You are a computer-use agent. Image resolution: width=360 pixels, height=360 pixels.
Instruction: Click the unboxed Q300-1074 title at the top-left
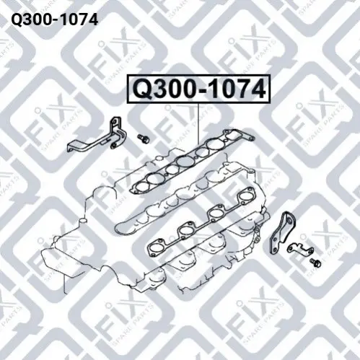[55, 19]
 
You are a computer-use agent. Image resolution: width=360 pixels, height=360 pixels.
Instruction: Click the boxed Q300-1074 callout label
[199, 89]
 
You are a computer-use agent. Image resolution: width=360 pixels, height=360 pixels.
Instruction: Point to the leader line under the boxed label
[198, 124]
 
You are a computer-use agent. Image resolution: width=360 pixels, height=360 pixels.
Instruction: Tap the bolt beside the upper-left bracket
[144, 139]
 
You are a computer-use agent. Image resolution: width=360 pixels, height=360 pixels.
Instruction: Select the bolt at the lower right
[315, 263]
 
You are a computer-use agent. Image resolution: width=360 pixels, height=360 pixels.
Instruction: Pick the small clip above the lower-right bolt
[301, 250]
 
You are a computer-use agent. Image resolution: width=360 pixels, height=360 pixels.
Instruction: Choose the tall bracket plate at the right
[283, 232]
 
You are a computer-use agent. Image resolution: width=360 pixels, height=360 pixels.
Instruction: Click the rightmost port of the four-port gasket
[245, 197]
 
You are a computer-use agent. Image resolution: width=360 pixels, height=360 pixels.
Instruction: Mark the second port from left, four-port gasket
[186, 230]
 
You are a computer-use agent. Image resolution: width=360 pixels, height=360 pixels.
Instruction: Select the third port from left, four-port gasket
[216, 213]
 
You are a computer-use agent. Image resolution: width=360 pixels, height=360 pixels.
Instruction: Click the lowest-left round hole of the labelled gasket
[141, 187]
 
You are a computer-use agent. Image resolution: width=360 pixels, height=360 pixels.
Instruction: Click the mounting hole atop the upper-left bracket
[115, 121]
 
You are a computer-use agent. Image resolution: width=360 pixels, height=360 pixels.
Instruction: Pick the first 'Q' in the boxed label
[144, 89]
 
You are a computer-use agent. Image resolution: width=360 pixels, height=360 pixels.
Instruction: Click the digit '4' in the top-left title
[93, 19]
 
